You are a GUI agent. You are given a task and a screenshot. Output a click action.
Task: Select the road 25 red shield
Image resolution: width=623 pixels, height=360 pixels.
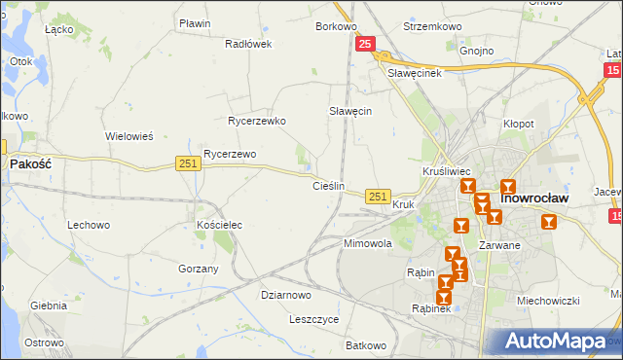[365, 44]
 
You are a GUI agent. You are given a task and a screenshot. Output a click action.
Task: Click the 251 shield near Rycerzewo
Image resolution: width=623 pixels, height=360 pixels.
[189, 164]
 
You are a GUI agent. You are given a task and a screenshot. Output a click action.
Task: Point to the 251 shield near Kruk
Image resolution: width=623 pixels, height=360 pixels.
[379, 197]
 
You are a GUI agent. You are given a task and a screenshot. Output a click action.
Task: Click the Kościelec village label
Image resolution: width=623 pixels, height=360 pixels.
[219, 225]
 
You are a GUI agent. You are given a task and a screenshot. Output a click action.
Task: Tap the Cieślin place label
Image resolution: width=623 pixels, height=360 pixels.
[328, 185]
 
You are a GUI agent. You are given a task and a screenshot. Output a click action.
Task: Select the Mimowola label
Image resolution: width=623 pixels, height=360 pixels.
[367, 243]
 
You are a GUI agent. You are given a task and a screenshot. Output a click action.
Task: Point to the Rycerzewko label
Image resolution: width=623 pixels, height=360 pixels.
[256, 122]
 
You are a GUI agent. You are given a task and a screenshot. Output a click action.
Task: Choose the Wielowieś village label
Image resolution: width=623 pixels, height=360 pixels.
[129, 136]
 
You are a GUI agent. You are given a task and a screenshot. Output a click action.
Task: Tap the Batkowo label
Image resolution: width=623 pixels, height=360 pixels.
[366, 345]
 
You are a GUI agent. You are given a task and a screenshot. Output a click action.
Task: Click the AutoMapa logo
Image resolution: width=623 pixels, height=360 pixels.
[555, 342]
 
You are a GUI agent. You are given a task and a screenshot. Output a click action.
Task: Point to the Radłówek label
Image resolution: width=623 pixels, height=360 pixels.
[247, 44]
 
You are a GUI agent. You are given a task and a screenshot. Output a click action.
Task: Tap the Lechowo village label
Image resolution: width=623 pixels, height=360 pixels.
[88, 225]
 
